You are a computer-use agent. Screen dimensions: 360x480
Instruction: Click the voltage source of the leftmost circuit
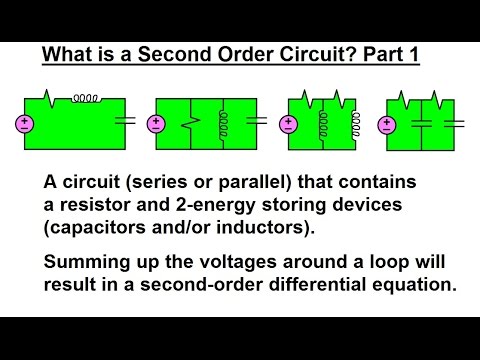tap(24, 125)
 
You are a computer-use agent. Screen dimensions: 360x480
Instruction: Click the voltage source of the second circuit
tap(158, 125)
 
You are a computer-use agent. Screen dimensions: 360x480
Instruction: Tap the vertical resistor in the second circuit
tap(193, 124)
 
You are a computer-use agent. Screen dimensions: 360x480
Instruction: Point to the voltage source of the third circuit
tap(288, 125)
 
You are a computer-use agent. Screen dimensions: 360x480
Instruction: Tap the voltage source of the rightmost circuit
tap(386, 125)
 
